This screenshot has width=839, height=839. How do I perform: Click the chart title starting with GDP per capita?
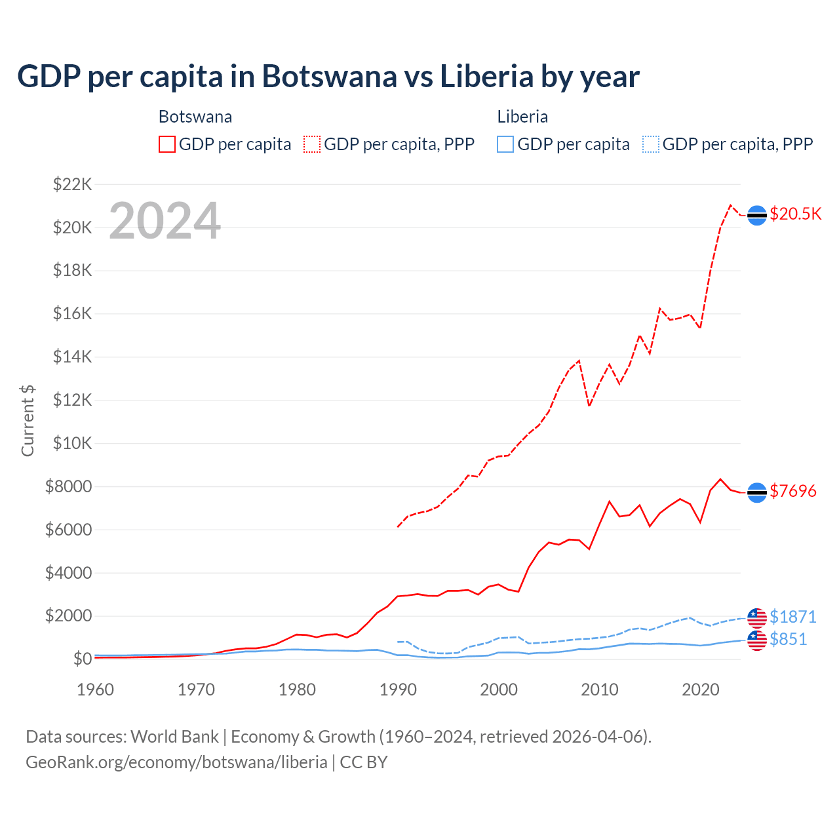pos(328,77)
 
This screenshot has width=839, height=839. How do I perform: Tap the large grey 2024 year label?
pos(165,221)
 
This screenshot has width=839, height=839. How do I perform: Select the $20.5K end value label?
pos(795,214)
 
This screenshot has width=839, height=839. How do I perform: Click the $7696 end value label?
pos(792,491)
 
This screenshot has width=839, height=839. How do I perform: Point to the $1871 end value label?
pos(792,617)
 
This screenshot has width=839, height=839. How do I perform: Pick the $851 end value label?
pos(788,639)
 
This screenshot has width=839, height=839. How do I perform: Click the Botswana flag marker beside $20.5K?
pos(757,215)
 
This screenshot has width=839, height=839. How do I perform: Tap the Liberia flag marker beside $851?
pos(757,640)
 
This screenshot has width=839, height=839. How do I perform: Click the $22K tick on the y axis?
pos(72,184)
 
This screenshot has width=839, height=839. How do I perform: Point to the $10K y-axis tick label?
pos(72,443)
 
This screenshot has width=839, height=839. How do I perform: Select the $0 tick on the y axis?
pos(82,659)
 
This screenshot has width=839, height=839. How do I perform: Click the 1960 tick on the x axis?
pos(96,690)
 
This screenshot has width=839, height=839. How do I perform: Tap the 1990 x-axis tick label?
pos(398,690)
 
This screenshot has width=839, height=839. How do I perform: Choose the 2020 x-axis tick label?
pos(701,690)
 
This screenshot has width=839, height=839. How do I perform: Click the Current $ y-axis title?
pos(28,421)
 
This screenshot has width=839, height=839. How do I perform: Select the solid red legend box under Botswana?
pos(167,144)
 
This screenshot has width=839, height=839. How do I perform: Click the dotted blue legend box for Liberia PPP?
pos(651,144)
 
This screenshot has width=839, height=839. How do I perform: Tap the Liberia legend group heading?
pos(522,117)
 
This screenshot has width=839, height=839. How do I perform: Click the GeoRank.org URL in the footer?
pos(176,762)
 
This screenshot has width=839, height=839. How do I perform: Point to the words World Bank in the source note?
pos(174,737)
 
